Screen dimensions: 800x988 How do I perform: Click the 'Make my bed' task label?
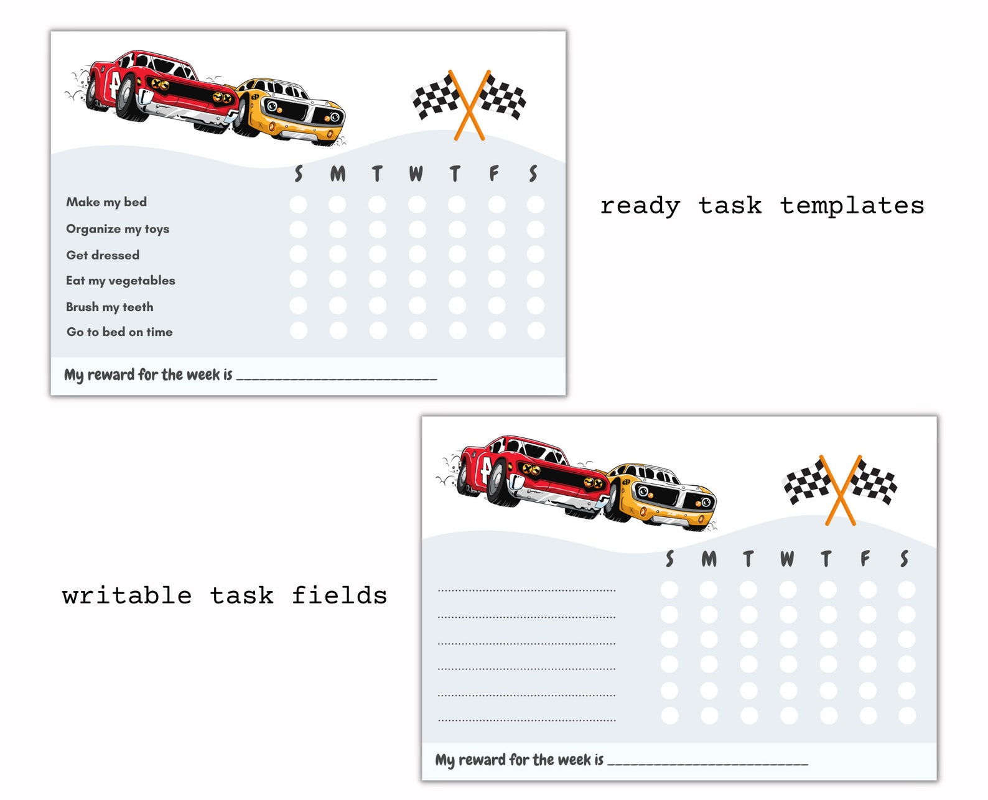point(106,202)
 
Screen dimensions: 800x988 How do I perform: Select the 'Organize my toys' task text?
point(118,229)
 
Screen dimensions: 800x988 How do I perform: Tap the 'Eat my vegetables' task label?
point(121,281)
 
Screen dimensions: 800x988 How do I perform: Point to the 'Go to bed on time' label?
point(119,332)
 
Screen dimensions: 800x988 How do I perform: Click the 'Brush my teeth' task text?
point(110,307)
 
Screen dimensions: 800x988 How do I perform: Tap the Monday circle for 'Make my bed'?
point(337,204)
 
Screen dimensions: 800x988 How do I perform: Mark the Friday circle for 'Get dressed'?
point(496,254)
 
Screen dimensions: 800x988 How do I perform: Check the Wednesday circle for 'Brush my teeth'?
point(417,305)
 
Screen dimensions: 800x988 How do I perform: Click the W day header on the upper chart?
point(416,174)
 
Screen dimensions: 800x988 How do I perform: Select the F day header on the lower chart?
point(865,559)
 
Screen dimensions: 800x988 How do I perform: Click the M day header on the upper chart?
point(338,174)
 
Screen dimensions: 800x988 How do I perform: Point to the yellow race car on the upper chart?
point(292,111)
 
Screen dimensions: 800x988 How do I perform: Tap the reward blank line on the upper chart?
point(337,377)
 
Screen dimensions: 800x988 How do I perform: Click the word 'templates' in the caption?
point(852,206)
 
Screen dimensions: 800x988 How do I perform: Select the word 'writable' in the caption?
point(127,596)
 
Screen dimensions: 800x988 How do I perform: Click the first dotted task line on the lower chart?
point(526,590)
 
